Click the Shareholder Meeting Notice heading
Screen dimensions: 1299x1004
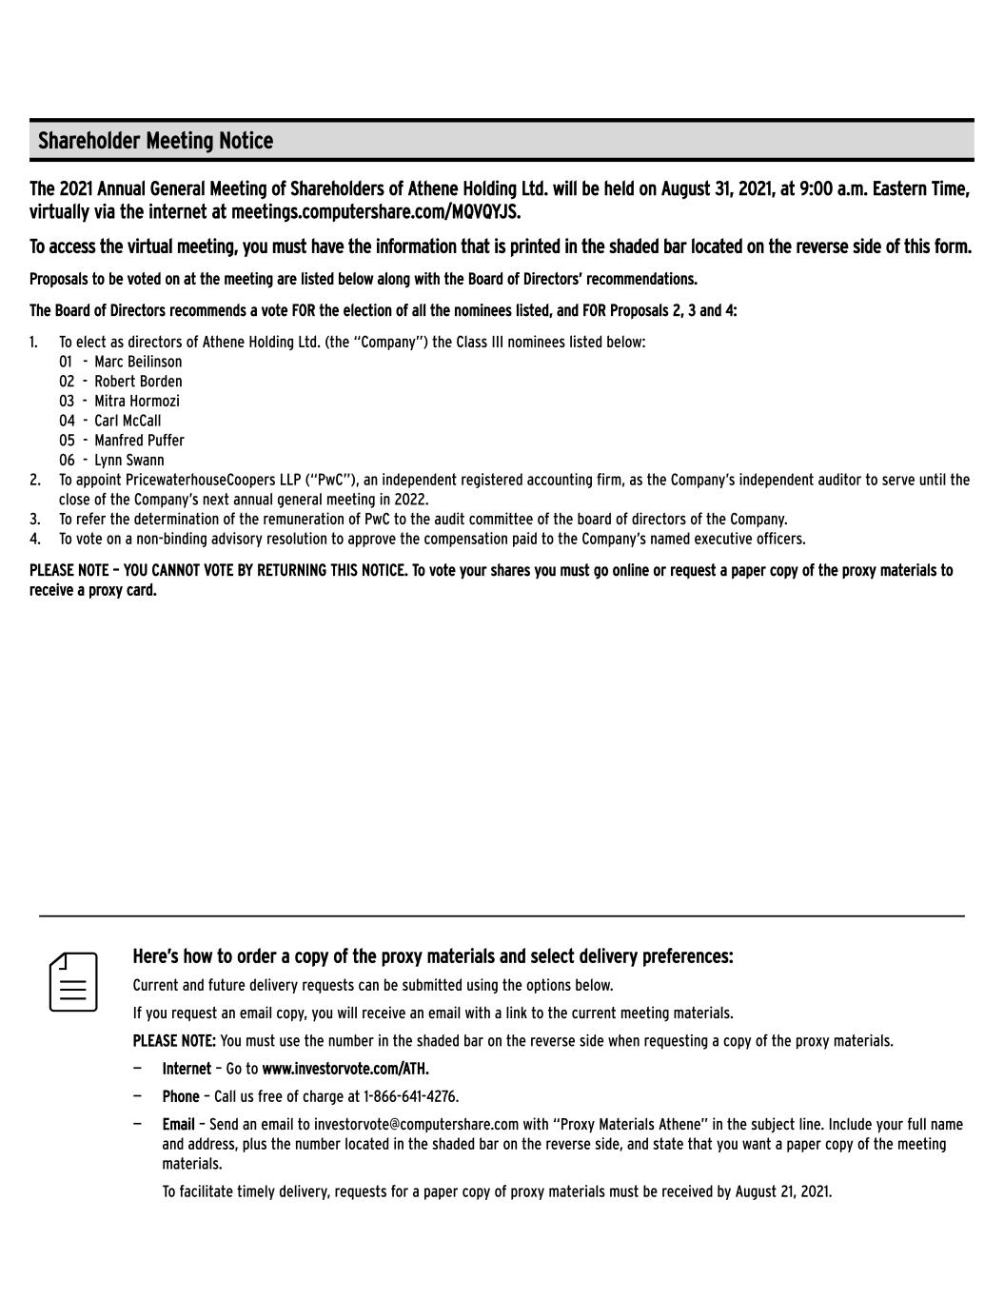[x=155, y=141]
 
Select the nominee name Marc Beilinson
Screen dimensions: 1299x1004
[x=138, y=362]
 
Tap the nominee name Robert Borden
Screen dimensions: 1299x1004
[x=138, y=382]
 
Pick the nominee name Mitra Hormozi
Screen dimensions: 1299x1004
[x=136, y=402]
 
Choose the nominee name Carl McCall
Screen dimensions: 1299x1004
[x=128, y=421]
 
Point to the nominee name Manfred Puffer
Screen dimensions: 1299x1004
[x=139, y=441]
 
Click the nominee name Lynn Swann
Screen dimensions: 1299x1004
[x=128, y=461]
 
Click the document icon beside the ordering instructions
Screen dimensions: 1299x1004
[x=73, y=982]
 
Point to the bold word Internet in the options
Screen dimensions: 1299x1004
[x=187, y=1069]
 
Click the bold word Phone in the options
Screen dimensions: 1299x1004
[x=181, y=1096]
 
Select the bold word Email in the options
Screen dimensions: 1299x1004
[x=178, y=1125]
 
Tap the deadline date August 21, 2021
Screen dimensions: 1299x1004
[x=782, y=1191]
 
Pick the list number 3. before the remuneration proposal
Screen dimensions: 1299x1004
[x=35, y=520]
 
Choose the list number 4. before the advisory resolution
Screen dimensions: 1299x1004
[x=35, y=540]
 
